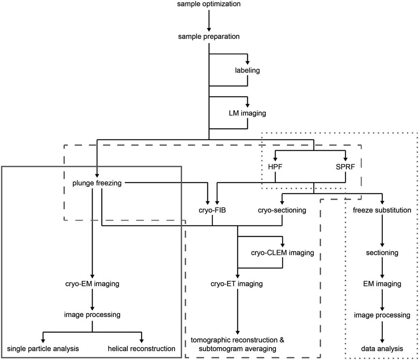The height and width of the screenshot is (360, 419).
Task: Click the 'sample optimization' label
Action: pyautogui.click(x=209, y=4)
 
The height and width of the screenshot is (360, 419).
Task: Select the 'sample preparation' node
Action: pyautogui.click(x=209, y=37)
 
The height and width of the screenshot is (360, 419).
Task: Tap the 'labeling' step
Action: pyautogui.click(x=247, y=71)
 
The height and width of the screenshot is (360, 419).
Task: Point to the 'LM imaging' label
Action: pyautogui.click(x=247, y=114)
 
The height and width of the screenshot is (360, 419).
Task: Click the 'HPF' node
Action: pyautogui.click(x=275, y=167)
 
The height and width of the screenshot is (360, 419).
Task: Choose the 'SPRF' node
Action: pyautogui.click(x=345, y=167)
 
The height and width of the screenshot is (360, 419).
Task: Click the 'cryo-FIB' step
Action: pyautogui.click(x=212, y=210)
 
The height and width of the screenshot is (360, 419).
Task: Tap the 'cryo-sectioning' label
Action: pyautogui.click(x=282, y=210)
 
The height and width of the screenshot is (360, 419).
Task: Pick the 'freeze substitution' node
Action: pyautogui.click(x=382, y=210)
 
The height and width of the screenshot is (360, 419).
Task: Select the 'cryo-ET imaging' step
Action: pyautogui.click(x=238, y=284)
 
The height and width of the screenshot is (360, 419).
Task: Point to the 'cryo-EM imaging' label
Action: pyautogui.click(x=92, y=284)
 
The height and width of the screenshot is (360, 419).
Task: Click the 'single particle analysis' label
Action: pyautogui.click(x=43, y=348)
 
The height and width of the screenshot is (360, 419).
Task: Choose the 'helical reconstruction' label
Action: pyautogui.click(x=142, y=348)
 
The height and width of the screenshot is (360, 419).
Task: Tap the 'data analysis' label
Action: pyautogui.click(x=382, y=348)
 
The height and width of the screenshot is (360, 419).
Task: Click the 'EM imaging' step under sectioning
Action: pyautogui.click(x=382, y=284)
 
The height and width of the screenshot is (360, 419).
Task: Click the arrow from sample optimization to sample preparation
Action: pyautogui.click(x=209, y=20)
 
